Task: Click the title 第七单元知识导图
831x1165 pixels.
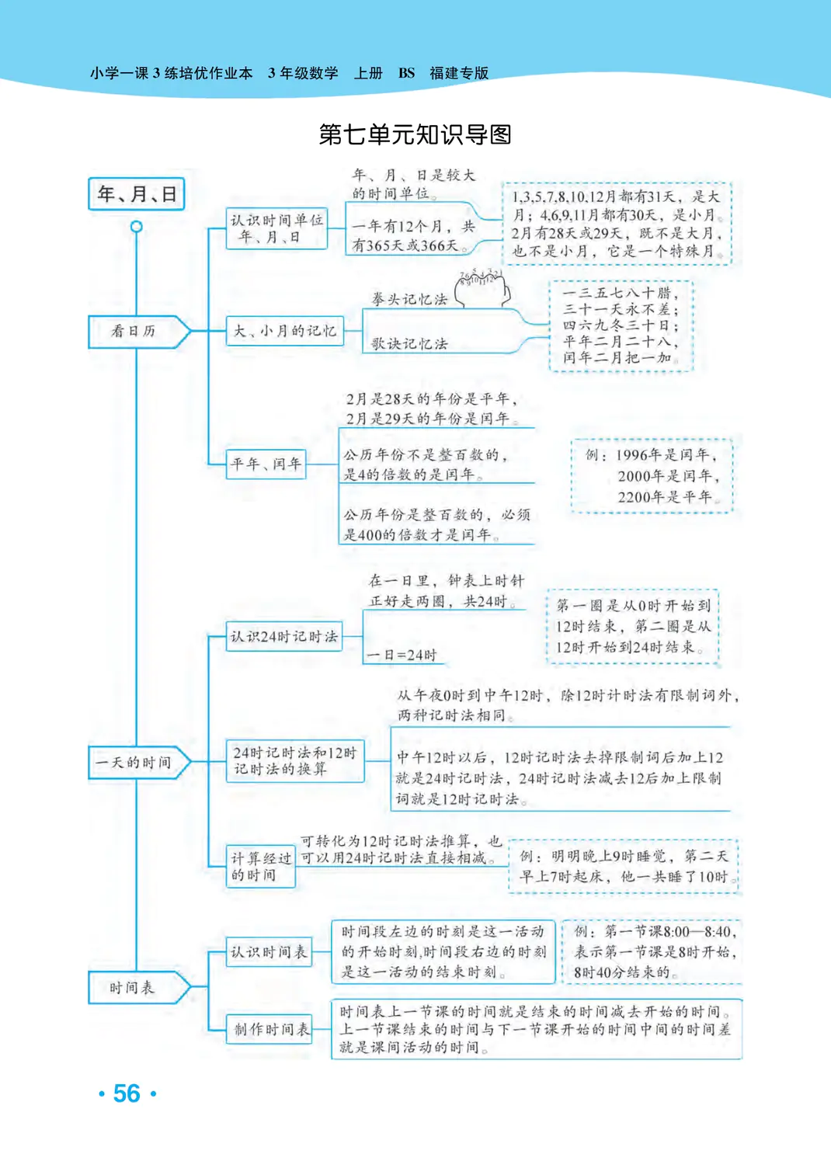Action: click(x=415, y=134)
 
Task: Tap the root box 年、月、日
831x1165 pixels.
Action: click(x=137, y=194)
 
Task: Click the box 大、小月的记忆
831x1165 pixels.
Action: click(x=284, y=331)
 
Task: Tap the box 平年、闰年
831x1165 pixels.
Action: click(x=266, y=464)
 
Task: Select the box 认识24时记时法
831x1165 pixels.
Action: click(x=284, y=637)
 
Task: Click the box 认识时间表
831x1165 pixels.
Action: click(x=269, y=951)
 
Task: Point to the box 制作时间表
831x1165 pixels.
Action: click(x=270, y=1030)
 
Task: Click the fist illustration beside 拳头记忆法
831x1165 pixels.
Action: click(x=483, y=288)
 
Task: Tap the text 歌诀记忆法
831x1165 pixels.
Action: click(x=409, y=344)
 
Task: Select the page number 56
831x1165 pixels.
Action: click(x=127, y=1094)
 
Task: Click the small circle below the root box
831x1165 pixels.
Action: click(x=137, y=227)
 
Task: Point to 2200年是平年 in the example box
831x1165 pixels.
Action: click(x=664, y=497)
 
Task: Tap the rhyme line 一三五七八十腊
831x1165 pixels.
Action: click(x=620, y=294)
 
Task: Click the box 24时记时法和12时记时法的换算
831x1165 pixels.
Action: click(x=294, y=761)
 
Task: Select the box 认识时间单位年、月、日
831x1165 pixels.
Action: click(x=276, y=228)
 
